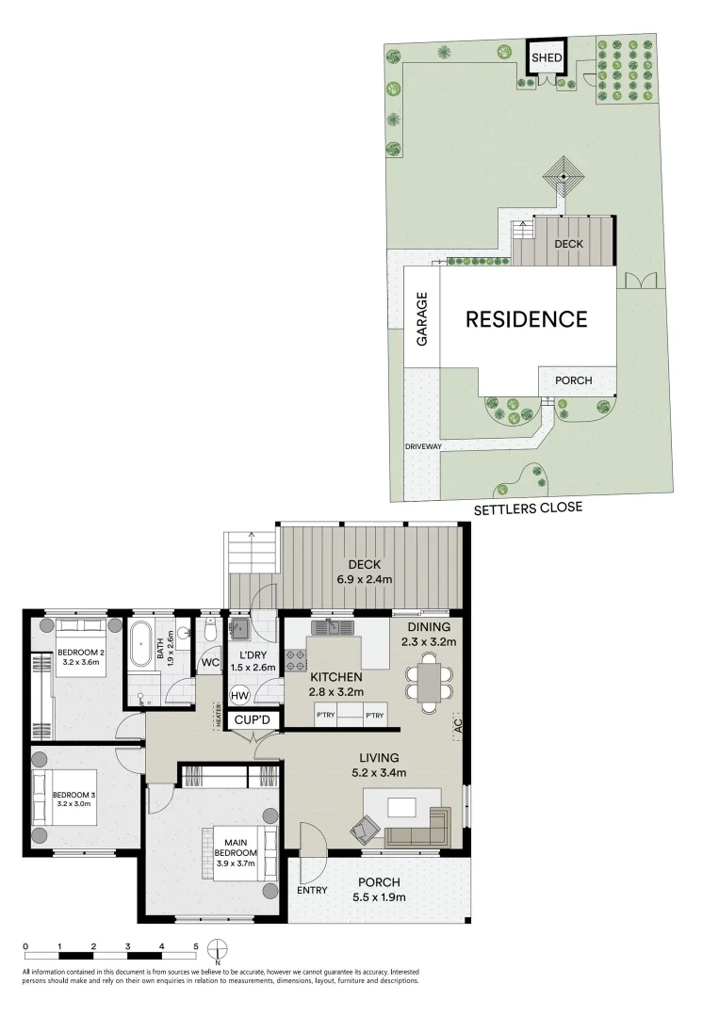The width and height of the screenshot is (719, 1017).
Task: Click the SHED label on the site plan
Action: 547,58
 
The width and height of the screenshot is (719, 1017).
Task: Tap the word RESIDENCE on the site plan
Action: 527,319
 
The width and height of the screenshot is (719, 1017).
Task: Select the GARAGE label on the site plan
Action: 422,318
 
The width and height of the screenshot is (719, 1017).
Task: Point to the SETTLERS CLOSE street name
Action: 528,508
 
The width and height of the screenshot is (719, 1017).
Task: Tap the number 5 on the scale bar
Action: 196,945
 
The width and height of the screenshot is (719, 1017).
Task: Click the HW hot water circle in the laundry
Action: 239,695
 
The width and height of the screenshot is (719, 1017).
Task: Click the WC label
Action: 210,663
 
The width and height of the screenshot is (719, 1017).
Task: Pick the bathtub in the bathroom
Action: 143,643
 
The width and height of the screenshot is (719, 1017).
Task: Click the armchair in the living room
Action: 365,830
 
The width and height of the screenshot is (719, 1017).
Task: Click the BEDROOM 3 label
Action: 74,799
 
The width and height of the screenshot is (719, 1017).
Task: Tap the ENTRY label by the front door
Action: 312,890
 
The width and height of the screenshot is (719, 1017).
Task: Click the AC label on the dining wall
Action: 459,726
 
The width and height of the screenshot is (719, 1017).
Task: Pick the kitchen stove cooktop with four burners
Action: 296,659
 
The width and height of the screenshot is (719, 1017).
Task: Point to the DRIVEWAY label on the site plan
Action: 423,446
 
